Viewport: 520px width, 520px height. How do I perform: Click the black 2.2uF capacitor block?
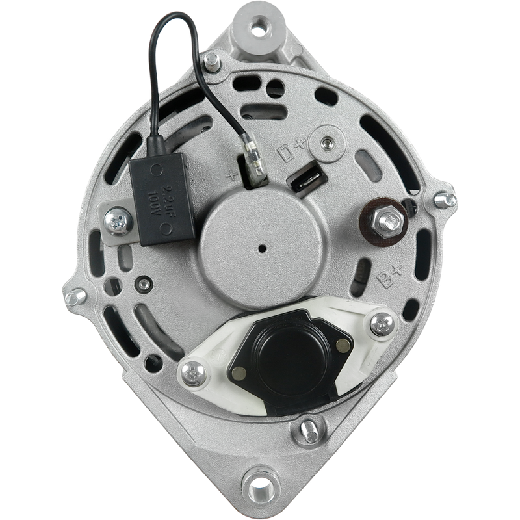click(x=162, y=199)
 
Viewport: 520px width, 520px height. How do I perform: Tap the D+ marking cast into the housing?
click(x=291, y=150)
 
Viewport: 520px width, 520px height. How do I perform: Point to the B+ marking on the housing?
click(x=391, y=276)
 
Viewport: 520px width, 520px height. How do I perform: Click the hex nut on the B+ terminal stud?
click(x=388, y=220)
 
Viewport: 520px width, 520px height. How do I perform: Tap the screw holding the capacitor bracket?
click(x=118, y=221)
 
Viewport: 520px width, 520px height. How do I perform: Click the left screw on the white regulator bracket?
click(x=194, y=374)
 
